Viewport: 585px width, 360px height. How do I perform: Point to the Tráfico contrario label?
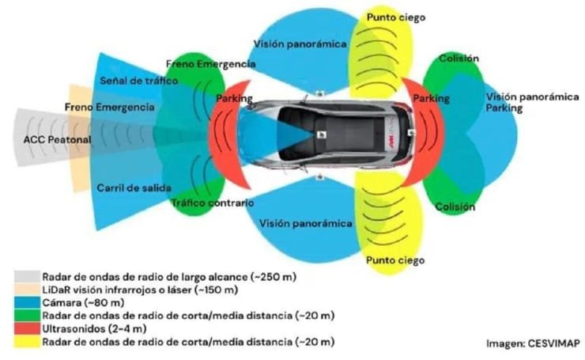[x=213, y=203]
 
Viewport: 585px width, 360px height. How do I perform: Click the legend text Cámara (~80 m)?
[x=72, y=302]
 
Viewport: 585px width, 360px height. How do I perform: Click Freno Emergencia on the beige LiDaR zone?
[x=99, y=107]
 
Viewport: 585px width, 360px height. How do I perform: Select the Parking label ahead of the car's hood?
[x=234, y=99]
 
